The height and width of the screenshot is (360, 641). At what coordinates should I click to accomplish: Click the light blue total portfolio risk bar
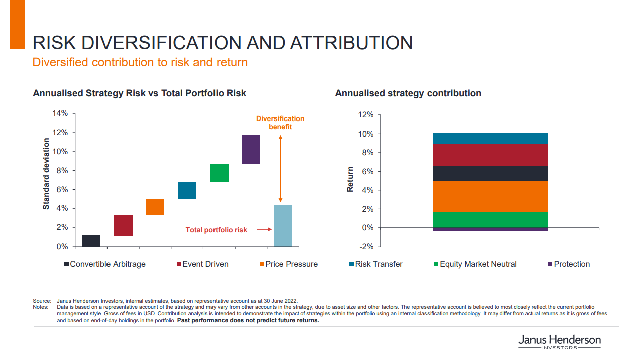pos(283,225)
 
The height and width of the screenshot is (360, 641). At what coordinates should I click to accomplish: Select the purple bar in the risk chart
pos(251,150)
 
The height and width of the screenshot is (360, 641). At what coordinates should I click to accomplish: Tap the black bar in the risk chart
pos(91,241)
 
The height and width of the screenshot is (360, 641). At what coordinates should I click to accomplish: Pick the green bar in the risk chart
pos(219,173)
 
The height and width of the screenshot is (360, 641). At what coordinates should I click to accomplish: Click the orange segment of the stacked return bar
pos(490,196)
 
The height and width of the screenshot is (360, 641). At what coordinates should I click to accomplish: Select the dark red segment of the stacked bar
pos(490,155)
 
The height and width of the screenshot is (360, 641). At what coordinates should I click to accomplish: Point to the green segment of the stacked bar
pos(490,220)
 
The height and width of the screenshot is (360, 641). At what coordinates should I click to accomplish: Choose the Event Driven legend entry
pos(202,264)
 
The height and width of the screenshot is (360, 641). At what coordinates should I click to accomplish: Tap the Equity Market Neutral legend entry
pos(475,264)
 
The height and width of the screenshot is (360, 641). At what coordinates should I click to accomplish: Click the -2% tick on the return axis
pos(366,247)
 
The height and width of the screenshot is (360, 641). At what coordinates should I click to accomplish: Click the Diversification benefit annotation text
pos(280,123)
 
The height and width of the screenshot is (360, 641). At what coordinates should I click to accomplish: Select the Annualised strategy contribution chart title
pos(408,93)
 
